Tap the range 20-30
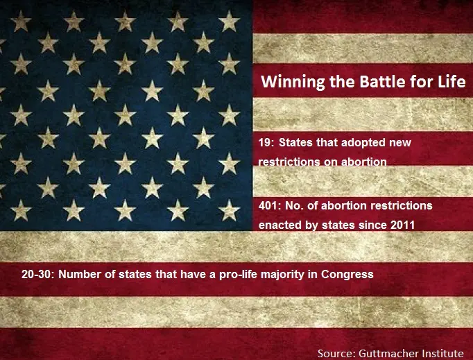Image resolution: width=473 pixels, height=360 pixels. [x=36, y=274]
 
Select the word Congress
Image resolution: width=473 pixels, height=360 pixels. [x=347, y=275]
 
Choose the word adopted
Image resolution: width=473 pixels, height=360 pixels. [x=352, y=143]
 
